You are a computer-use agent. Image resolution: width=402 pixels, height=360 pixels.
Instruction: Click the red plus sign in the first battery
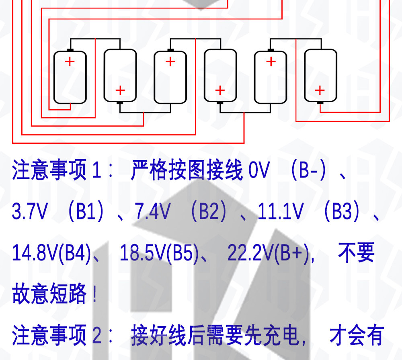pos(70,62)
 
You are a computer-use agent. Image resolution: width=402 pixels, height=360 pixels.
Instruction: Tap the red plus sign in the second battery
pos(120,90)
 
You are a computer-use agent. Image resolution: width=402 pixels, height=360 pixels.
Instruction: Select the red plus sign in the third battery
pos(170,62)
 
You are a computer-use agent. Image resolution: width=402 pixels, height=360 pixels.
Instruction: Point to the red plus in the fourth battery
pos(220,90)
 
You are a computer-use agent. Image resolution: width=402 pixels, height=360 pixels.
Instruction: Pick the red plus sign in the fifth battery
pos(271,62)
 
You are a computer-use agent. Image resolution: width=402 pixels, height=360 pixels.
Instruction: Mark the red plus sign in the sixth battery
pos(320,90)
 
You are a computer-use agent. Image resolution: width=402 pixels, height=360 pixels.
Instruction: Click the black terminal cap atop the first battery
pos(70,50)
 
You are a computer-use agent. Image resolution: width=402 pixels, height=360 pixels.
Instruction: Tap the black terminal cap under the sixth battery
pos(320,103)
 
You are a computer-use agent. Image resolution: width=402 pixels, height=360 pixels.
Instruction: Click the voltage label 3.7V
pos(30,211)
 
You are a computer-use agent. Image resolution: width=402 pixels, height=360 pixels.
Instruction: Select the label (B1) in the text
pos(86,211)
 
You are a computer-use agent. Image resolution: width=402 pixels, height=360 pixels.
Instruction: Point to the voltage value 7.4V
pos(152,211)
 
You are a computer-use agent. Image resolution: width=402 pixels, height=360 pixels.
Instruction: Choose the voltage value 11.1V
pos(281,211)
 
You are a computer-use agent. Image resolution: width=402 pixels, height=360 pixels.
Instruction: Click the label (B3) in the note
pos(342,211)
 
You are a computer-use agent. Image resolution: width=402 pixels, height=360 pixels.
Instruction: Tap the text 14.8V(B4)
pos(51,253)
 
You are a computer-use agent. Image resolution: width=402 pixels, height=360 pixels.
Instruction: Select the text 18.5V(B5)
pos(159,253)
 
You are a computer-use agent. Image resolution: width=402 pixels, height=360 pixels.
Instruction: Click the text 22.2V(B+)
pos(269,253)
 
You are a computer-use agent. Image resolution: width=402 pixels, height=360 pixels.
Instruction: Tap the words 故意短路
pos(49,294)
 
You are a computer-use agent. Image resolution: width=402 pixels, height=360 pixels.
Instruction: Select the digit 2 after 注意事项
pos(96,335)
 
